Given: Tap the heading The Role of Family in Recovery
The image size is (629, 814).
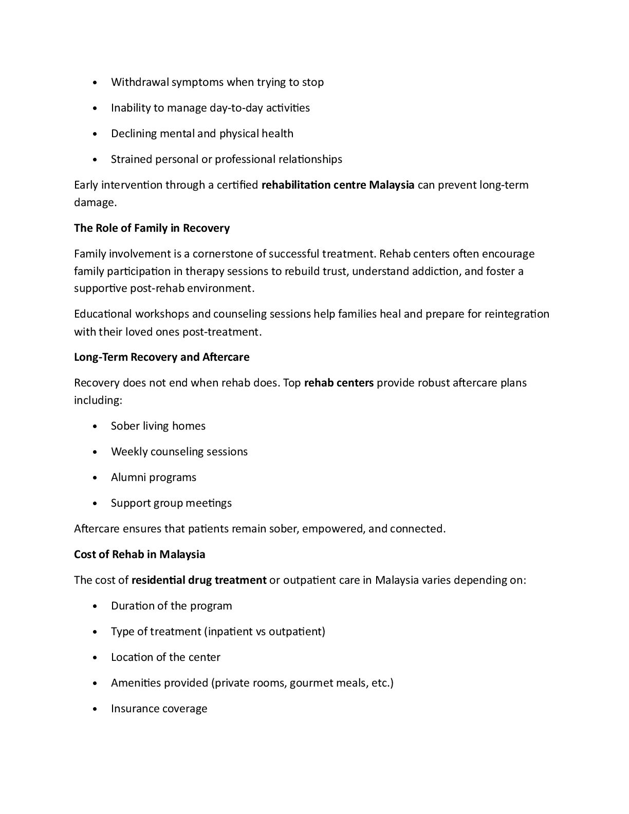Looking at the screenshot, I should [152, 228].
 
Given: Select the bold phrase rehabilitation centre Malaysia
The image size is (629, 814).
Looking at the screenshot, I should [338, 185].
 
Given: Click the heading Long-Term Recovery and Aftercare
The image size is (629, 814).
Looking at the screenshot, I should [161, 357].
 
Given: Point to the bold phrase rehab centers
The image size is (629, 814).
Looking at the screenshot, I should [339, 383].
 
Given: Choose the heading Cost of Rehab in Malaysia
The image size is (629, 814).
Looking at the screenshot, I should [139, 554].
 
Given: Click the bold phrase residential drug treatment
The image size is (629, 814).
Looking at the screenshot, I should [199, 580].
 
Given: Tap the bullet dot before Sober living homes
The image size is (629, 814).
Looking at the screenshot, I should [96, 427].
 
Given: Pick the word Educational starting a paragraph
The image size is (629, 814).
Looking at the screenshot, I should [103, 314].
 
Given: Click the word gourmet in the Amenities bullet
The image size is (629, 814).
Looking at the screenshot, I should [310, 683].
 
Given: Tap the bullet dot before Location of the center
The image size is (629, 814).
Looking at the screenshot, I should [96, 658].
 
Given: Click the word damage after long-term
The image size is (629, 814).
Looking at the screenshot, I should [95, 202].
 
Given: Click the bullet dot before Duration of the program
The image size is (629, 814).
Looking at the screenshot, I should [96, 606].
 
